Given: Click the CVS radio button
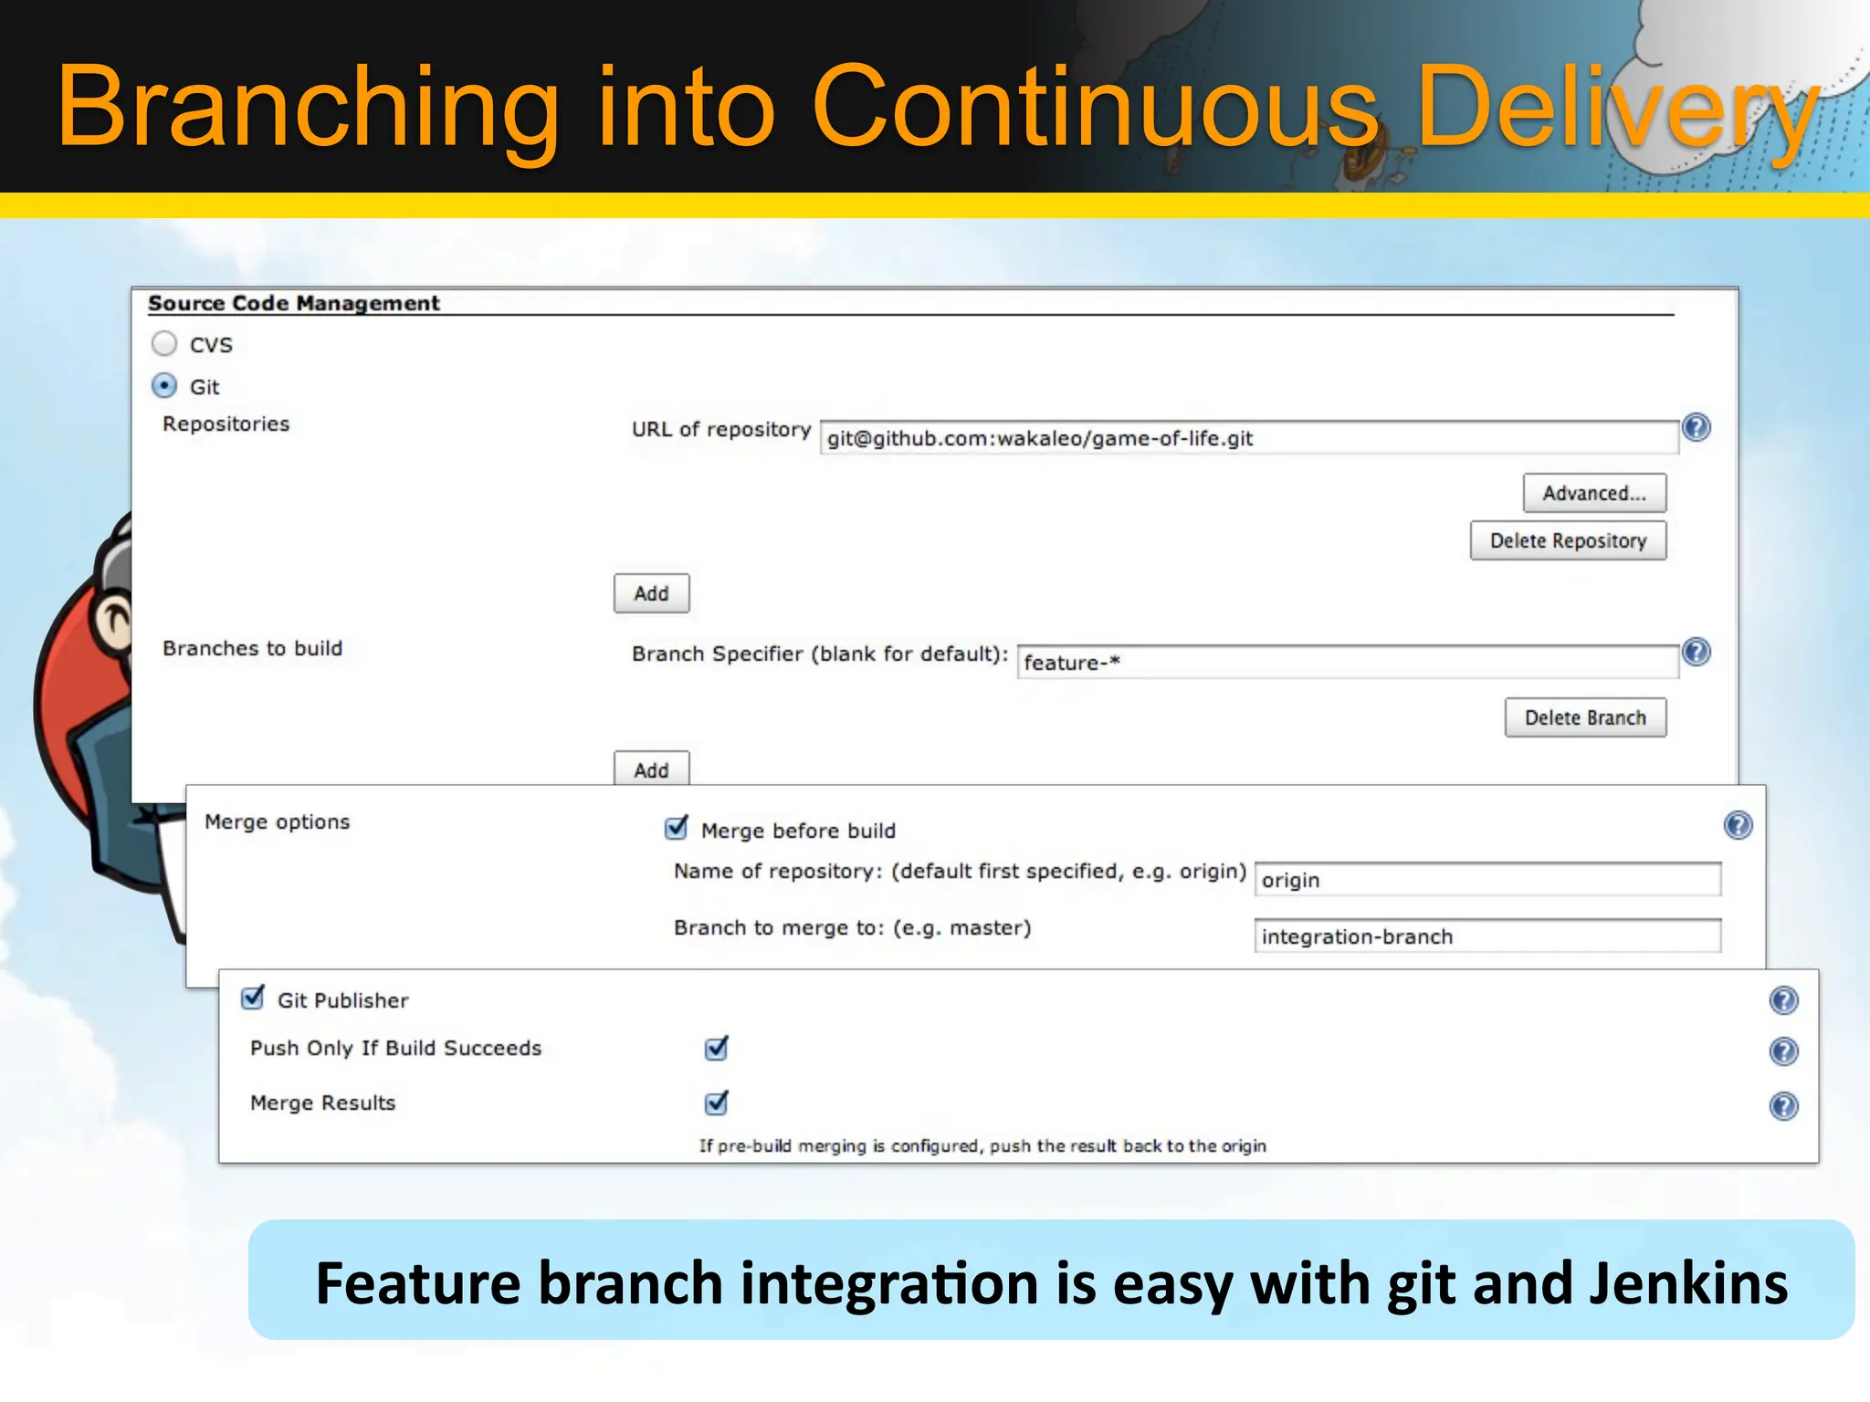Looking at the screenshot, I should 164,344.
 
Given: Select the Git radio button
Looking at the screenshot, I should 164,386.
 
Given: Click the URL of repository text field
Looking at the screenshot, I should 1248,438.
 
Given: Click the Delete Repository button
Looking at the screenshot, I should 1568,540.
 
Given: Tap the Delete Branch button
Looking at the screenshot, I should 1585,717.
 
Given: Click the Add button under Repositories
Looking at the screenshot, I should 651,593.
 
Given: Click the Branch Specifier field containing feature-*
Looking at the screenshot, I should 1347,663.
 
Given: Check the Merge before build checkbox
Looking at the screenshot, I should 677,829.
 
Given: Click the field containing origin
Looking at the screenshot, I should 1487,880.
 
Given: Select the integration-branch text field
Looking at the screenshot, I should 1487,936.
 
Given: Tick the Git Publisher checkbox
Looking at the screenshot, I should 253,999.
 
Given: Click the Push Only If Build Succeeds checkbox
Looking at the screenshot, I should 717,1048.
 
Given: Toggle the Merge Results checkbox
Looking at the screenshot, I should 717,1103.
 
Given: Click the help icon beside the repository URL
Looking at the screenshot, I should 1697,427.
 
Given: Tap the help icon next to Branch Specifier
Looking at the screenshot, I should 1697,652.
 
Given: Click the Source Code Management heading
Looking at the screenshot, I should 293,303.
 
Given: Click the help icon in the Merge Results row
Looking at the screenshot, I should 1783,1106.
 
